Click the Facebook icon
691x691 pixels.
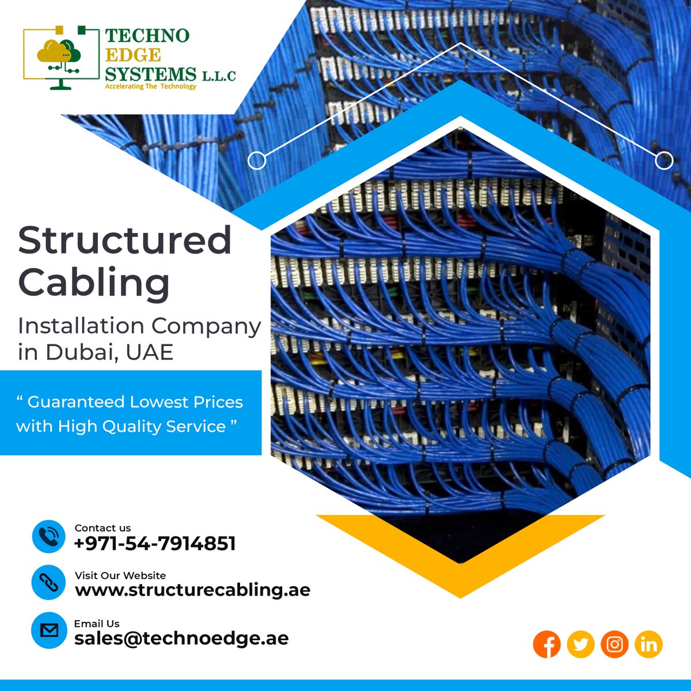(547, 644)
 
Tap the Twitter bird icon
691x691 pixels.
(580, 644)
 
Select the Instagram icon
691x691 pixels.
(614, 644)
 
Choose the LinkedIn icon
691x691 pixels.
(648, 644)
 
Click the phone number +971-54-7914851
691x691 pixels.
(155, 543)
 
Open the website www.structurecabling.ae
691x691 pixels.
(192, 590)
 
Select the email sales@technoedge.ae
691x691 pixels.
(181, 638)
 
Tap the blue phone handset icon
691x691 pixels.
(48, 537)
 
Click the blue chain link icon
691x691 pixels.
(48, 583)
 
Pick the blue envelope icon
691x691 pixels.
(48, 631)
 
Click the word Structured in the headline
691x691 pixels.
(125, 241)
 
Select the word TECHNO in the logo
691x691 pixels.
(147, 36)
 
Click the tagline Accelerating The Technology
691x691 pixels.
(150, 86)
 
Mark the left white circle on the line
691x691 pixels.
(257, 161)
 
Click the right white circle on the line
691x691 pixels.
(664, 161)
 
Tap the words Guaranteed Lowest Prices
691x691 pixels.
(135, 402)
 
